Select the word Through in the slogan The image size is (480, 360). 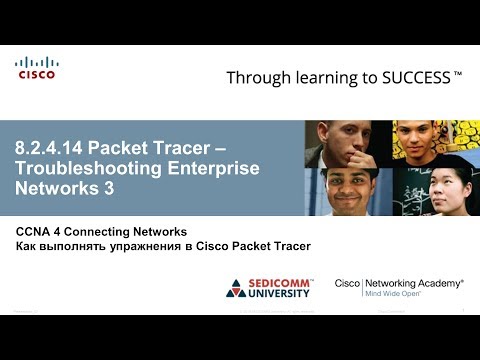259,77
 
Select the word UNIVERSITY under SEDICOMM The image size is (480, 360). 286,295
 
